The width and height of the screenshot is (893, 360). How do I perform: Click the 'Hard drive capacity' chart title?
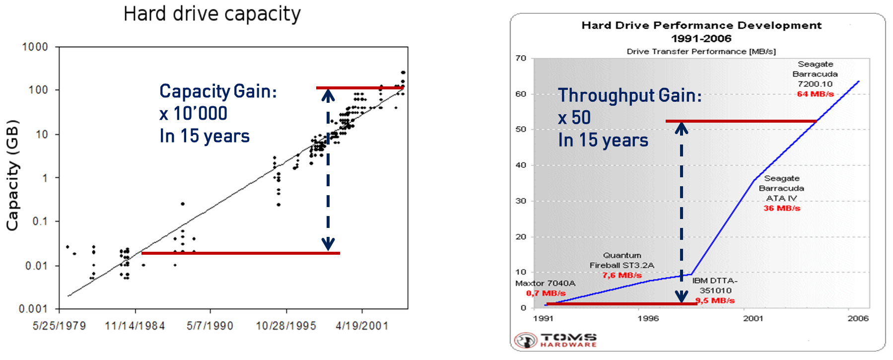click(212, 14)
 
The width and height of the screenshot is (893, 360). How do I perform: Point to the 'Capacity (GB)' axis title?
click(12, 175)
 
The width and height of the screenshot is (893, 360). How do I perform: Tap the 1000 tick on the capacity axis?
click(35, 47)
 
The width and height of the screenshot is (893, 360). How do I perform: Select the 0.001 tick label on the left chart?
click(33, 309)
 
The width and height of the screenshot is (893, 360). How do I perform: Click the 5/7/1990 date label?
click(210, 326)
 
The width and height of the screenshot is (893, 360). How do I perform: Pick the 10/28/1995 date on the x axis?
click(286, 326)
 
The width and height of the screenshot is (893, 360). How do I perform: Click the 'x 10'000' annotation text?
click(194, 114)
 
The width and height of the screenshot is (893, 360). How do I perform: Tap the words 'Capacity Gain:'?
click(218, 91)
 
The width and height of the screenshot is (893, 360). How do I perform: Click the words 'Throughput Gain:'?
click(630, 95)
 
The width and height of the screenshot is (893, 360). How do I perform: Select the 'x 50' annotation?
click(574, 118)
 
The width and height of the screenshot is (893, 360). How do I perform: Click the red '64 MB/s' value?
click(815, 94)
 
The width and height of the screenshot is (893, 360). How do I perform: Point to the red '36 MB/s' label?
click(782, 208)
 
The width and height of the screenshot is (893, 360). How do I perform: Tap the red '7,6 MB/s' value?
click(622, 275)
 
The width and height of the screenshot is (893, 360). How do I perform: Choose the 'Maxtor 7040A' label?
click(545, 283)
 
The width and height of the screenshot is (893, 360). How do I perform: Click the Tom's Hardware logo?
click(555, 340)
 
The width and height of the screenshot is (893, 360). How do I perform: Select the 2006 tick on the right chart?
click(858, 318)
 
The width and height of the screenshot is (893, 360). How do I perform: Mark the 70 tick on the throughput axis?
click(521, 58)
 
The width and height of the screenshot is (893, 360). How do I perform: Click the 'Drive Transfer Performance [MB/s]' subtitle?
click(701, 51)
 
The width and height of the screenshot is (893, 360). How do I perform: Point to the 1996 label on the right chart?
click(648, 318)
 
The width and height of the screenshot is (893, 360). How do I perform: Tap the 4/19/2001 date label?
click(362, 326)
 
